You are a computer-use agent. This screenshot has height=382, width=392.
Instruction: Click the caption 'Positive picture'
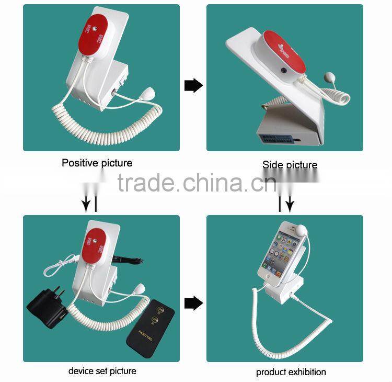97,163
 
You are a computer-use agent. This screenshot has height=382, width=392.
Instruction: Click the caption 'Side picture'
290,165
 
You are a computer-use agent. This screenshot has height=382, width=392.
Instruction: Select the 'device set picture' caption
102,371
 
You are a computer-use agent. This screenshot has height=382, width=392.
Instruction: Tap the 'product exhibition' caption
291,372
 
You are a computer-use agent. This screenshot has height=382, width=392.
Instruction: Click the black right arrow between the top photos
193,85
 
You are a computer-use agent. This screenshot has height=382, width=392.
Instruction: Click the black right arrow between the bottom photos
193,303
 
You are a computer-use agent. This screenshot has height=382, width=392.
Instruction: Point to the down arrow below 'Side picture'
290,204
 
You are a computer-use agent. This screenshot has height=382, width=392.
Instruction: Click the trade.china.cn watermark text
197,183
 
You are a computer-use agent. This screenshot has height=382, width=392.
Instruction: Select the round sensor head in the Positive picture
163,95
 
